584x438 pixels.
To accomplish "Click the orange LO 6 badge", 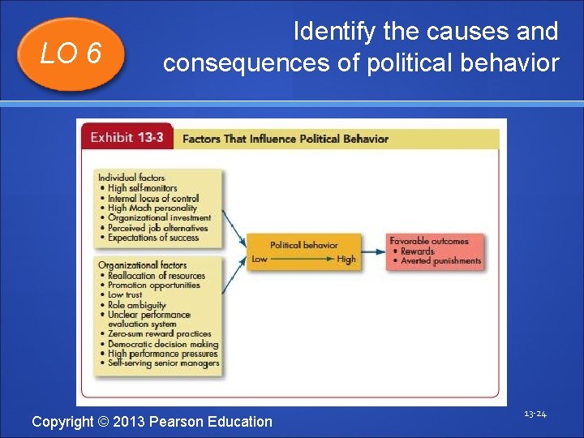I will tap(71, 54).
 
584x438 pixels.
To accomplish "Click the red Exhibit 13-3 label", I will tap(127, 137).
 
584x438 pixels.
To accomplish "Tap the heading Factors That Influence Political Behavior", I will tap(285, 139).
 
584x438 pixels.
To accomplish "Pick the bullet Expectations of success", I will tap(152, 238).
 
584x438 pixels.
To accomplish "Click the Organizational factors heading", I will tap(142, 265).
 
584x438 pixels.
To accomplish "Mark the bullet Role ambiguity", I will tap(136, 305).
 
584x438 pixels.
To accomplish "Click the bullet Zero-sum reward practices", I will tap(159, 334).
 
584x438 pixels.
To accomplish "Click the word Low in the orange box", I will tap(260, 260).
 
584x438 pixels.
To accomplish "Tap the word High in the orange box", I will tap(346, 260).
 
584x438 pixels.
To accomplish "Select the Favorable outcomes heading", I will tap(429, 241).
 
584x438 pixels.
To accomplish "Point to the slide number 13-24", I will tap(535, 414).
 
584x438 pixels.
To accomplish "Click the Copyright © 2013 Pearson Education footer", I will tap(152, 421).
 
